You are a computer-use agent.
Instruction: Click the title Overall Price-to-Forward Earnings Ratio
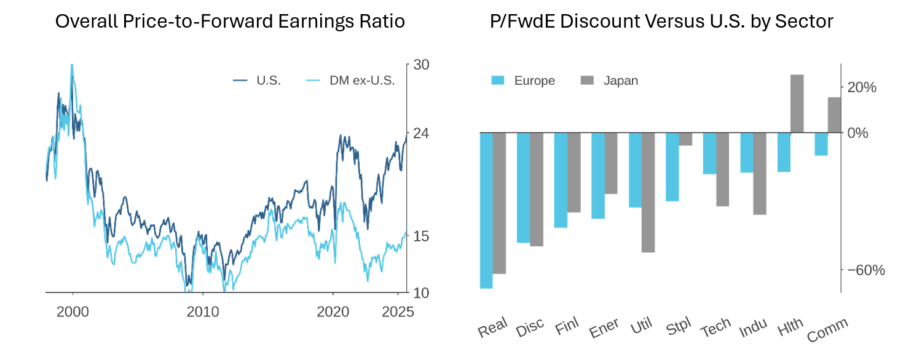coord(230,22)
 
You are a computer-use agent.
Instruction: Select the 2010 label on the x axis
coord(203,311)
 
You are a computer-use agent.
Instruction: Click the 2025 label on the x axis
coord(398,311)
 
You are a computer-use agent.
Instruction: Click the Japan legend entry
coord(620,80)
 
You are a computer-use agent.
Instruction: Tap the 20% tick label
coord(862,87)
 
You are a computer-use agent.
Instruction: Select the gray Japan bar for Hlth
coord(797,104)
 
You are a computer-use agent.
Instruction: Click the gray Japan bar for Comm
coord(834,115)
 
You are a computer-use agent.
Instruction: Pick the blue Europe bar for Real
coord(486,210)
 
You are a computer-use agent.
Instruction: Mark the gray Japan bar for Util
coord(648,192)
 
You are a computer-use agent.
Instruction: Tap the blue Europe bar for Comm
coord(821,144)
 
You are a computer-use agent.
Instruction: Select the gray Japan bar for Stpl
coord(685,139)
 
